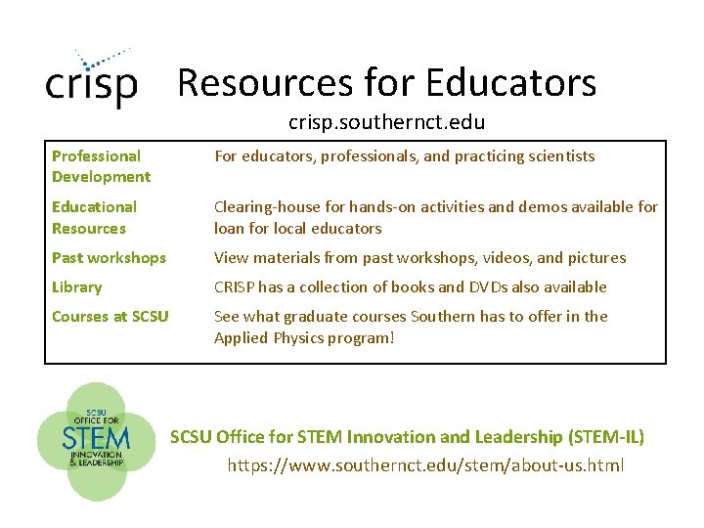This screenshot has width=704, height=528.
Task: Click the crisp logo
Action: point(91,80)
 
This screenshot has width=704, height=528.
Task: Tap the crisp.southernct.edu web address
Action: point(386,123)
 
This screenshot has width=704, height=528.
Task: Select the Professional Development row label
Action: point(101,166)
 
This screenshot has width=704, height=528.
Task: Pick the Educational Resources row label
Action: point(94,217)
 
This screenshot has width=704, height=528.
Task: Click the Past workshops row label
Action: point(109,258)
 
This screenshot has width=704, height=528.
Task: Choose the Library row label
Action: point(76,287)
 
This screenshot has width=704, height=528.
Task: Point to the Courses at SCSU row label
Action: point(110,317)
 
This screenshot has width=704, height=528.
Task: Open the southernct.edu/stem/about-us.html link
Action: point(425,465)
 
